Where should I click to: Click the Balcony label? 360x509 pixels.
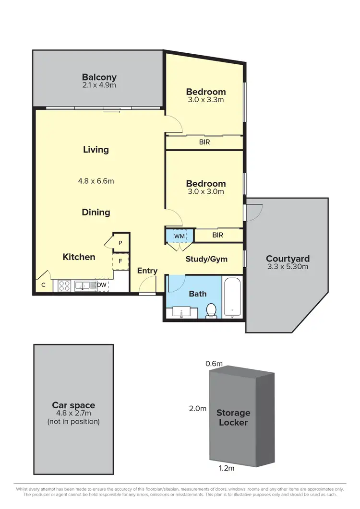pyautogui.click(x=99, y=77)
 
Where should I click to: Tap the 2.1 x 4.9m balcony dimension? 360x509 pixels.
pyautogui.click(x=99, y=85)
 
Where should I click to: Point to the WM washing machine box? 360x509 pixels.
pyautogui.click(x=179, y=236)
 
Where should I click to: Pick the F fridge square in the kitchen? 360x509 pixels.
pyautogui.click(x=120, y=261)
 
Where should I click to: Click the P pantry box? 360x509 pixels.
pyautogui.click(x=120, y=243)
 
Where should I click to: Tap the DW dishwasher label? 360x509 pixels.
pyautogui.click(x=101, y=285)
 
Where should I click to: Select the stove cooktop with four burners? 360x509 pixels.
pyautogui.click(x=64, y=286)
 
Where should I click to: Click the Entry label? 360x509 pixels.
pyautogui.click(x=147, y=271)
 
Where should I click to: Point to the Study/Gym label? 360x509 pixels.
pyautogui.click(x=206, y=259)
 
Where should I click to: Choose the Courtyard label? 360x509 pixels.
pyautogui.click(x=288, y=258)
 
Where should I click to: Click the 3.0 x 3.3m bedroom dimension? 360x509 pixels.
pyautogui.click(x=206, y=100)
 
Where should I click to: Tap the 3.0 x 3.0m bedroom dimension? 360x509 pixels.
pyautogui.click(x=206, y=192)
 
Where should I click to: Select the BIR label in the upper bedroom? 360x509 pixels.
pyautogui.click(x=204, y=142)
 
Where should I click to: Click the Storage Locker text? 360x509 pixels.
pyautogui.click(x=233, y=417)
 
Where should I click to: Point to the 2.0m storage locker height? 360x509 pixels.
pyautogui.click(x=197, y=409)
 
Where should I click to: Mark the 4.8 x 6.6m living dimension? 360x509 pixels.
pyautogui.click(x=96, y=181)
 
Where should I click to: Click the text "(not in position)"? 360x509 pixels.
pyautogui.click(x=73, y=422)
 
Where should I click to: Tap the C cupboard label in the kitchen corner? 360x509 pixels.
pyautogui.click(x=43, y=285)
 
